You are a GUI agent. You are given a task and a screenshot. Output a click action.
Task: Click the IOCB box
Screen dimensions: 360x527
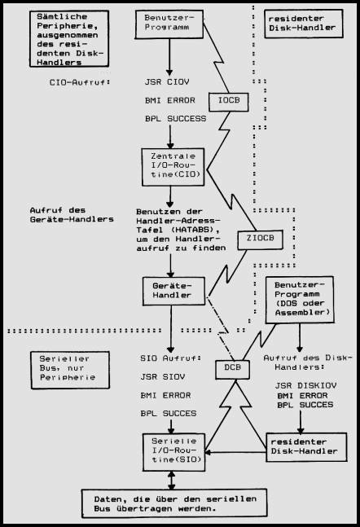click(229, 102)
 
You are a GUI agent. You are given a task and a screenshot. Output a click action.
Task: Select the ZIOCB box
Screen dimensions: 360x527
click(260, 239)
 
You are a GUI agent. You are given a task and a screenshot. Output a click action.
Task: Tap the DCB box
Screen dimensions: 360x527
click(233, 369)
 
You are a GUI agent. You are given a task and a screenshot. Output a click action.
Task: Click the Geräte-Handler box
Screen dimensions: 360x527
click(173, 291)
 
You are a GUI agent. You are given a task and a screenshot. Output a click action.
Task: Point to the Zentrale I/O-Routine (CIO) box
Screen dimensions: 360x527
click(173, 167)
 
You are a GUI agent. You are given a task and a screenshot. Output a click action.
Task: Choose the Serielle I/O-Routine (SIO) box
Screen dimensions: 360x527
click(173, 452)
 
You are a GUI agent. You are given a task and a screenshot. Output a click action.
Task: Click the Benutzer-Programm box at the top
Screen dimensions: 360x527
click(169, 24)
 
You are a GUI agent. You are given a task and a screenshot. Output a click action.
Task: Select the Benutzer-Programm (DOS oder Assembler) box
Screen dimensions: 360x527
click(300, 300)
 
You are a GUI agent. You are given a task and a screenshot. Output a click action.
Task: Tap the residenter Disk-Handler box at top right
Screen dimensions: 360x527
click(304, 24)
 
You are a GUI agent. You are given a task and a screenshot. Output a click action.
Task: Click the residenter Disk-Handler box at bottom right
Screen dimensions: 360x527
click(306, 447)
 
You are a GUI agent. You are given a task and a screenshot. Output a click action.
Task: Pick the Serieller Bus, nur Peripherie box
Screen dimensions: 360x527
click(70, 370)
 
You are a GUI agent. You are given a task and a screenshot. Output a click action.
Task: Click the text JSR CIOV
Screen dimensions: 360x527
click(167, 82)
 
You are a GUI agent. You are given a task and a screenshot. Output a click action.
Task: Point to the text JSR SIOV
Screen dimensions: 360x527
click(163, 377)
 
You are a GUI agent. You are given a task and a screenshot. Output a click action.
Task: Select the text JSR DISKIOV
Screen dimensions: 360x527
click(305, 385)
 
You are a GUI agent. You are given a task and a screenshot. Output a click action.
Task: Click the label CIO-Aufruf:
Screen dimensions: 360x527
click(80, 82)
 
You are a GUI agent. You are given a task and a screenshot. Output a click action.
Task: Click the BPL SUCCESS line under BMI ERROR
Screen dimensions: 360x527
click(175, 119)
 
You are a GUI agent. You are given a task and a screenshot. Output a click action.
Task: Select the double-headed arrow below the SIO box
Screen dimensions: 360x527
click(171, 481)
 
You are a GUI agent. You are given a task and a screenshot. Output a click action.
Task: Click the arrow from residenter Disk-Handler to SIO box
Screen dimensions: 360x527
click(235, 452)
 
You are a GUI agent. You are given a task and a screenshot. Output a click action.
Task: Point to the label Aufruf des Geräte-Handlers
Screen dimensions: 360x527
click(72, 215)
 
